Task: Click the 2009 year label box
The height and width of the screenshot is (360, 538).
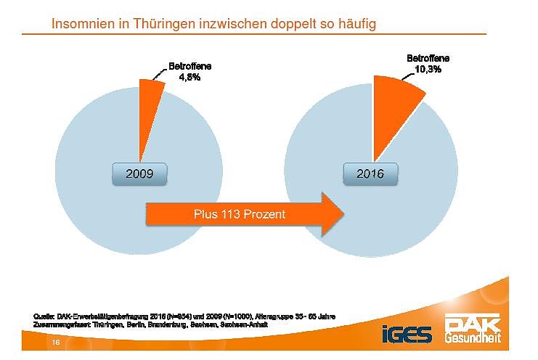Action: pos(139,173)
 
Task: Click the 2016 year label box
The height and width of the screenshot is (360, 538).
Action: pos(373,173)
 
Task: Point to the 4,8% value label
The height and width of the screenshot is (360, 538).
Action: pos(189,78)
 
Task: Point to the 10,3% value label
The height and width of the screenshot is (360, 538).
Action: pos(428,69)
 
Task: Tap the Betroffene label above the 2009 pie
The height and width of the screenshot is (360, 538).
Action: pos(190,66)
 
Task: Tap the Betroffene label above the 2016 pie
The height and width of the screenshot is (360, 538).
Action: pos(428,58)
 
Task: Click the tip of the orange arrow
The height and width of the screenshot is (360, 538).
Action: pos(342,214)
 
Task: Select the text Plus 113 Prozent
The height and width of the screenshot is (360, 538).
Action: pos(239,214)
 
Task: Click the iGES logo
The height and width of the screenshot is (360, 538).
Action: pos(407,334)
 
